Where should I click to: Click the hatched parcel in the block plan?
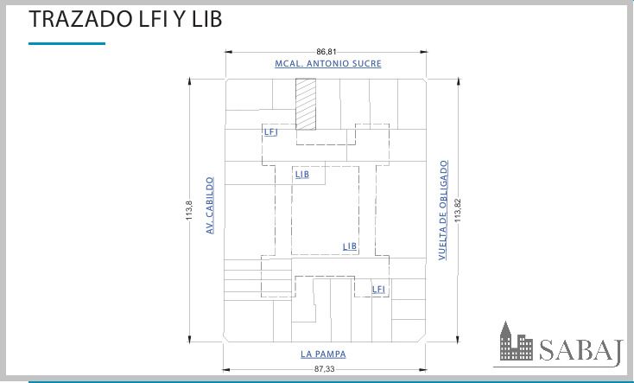click(306, 104)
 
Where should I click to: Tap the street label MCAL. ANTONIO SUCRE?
click(328, 64)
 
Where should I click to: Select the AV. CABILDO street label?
click(209, 205)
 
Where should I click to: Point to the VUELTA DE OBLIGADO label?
click(444, 210)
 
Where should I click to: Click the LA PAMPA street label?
click(323, 354)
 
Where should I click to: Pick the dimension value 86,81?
click(326, 52)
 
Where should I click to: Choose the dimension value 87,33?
click(324, 369)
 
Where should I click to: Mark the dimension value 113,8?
click(189, 211)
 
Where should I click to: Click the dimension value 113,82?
click(458, 210)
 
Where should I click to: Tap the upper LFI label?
click(271, 132)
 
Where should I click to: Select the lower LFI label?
click(378, 290)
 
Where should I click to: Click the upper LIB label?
click(302, 175)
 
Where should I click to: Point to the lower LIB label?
click(350, 246)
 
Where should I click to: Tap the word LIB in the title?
click(206, 19)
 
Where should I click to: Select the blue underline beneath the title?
click(67, 43)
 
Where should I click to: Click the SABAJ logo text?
click(580, 350)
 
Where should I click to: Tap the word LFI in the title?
click(153, 19)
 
